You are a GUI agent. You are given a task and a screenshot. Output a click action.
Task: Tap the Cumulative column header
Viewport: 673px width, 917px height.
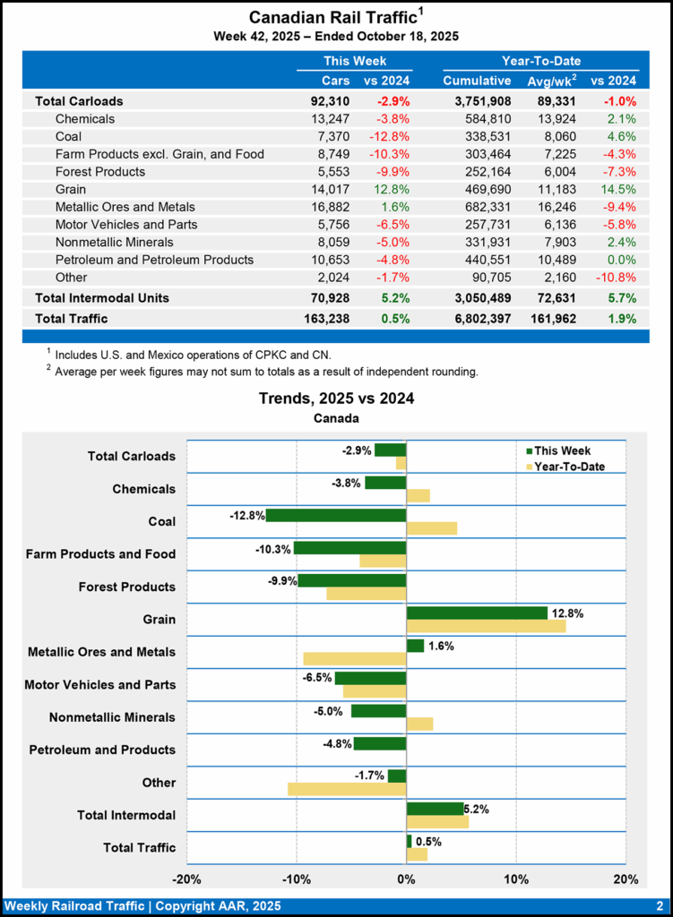[x=477, y=81]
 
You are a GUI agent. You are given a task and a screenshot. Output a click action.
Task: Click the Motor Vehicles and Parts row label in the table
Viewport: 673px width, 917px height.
[x=126, y=224]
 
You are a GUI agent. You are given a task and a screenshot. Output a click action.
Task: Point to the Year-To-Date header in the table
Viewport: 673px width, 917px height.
[x=540, y=61]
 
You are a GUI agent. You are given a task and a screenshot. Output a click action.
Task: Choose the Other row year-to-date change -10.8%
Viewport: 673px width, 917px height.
[x=616, y=277]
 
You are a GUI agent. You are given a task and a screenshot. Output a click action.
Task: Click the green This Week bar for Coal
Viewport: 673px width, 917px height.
[x=336, y=515]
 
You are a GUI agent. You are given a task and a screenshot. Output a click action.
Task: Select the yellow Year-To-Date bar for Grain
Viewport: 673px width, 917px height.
[x=486, y=626]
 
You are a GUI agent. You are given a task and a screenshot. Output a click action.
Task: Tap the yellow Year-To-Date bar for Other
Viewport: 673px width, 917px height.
[x=347, y=789]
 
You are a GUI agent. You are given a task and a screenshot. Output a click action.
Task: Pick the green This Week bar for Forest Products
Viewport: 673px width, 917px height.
[x=351, y=580]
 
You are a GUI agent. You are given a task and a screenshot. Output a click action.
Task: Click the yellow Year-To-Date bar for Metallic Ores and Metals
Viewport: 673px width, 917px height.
[x=355, y=659]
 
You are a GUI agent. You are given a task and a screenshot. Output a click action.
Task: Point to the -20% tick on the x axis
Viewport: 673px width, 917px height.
[x=186, y=878]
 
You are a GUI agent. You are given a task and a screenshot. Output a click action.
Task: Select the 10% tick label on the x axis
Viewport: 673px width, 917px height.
[x=516, y=878]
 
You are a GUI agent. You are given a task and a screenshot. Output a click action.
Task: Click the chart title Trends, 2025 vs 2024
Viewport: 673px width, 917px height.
[x=336, y=399]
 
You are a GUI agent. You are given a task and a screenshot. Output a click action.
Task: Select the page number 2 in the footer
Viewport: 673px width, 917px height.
[x=659, y=905]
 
